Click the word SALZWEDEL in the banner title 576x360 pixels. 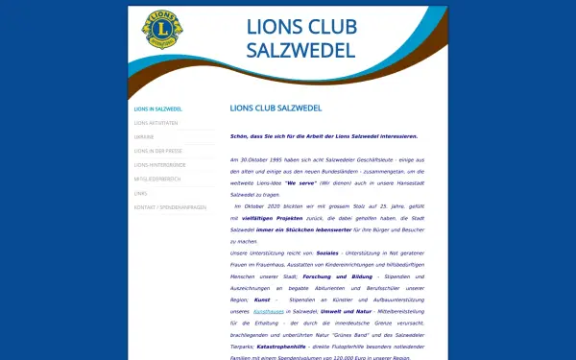pyautogui.click(x=300, y=50)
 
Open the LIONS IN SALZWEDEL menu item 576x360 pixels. pyautogui.click(x=158, y=109)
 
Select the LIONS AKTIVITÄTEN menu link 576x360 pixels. pyautogui.click(x=156, y=123)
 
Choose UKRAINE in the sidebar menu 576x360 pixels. pyautogui.click(x=144, y=137)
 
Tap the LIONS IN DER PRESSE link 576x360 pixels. pyautogui.click(x=158, y=152)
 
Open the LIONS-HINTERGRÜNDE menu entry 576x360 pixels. pyautogui.click(x=159, y=165)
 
